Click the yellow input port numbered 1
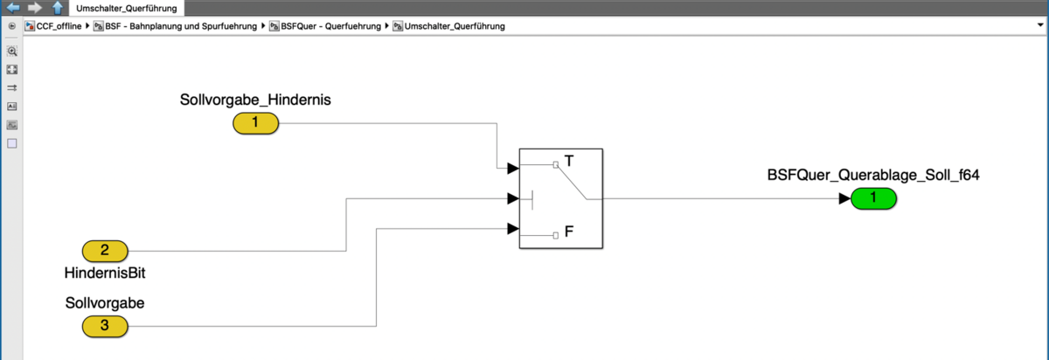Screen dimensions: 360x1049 tap(255, 123)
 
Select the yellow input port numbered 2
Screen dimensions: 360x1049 tap(105, 251)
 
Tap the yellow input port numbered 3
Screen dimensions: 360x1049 tap(105, 327)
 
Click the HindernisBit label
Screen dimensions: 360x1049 tap(105, 273)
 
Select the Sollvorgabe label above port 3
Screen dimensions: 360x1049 tap(105, 303)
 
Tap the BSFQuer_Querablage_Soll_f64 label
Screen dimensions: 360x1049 tap(873, 175)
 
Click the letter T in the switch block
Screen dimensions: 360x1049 tap(569, 162)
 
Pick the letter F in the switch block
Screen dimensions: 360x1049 tap(569, 233)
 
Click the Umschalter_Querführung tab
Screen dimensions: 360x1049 tap(127, 8)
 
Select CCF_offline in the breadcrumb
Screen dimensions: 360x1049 tap(59, 26)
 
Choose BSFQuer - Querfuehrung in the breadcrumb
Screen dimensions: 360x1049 tap(330, 26)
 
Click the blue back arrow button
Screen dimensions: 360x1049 tap(13, 8)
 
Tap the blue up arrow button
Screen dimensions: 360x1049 tap(57, 8)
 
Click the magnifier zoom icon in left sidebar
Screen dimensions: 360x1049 tap(12, 51)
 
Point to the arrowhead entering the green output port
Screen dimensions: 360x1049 tap(844, 198)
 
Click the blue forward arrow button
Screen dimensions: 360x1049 tap(35, 8)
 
